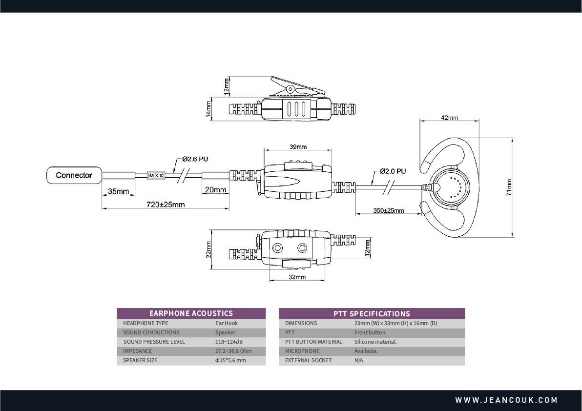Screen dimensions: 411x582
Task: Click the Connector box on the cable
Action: (74, 175)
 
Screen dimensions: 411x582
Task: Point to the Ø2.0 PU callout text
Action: (393, 171)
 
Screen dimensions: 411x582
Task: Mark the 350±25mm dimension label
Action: (389, 210)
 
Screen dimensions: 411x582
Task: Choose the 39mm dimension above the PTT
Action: (297, 147)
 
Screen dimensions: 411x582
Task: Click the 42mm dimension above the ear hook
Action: (449, 118)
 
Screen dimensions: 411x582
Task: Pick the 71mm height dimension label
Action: (509, 187)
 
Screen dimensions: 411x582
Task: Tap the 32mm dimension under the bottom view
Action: (297, 277)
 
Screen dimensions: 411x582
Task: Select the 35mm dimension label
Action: (119, 191)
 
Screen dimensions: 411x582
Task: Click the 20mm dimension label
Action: (216, 189)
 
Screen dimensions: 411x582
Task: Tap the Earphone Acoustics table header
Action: (191, 313)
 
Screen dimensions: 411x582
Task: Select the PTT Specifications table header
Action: (372, 313)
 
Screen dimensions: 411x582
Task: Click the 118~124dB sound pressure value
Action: (229, 342)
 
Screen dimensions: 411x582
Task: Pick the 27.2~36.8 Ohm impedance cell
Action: (233, 351)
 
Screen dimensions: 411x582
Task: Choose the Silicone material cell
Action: (375, 342)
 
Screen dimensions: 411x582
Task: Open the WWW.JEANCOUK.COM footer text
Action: (506, 400)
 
